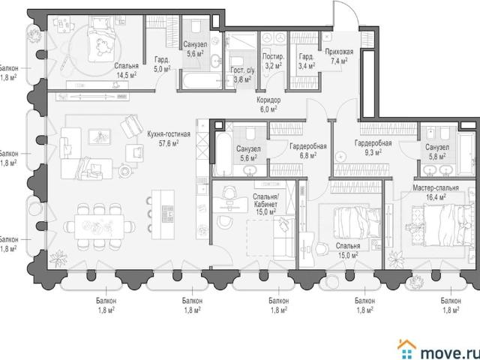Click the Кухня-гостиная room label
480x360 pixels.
coord(169,134)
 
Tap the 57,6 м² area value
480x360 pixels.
coord(169,143)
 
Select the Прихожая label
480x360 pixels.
coord(339,52)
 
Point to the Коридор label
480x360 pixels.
coord(268,100)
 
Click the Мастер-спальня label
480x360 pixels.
coord(436,187)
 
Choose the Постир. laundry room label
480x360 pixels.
coord(273,57)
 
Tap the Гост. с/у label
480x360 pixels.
coord(242,70)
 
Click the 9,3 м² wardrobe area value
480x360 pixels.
coord(373,152)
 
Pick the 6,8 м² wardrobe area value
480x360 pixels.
coord(308,155)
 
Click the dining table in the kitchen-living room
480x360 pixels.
coord(100,226)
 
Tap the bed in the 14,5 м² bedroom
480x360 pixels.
coord(102,39)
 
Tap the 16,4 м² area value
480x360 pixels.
coord(436,196)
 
